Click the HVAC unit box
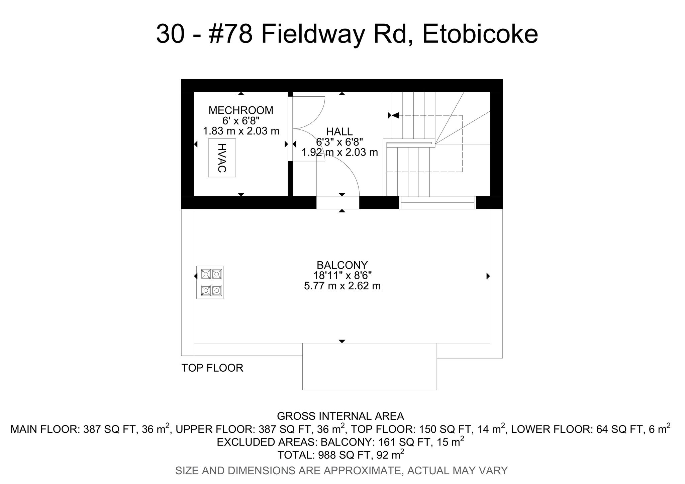coord(222,158)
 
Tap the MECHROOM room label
coord(241,110)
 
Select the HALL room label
coord(339,131)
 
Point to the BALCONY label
coord(342,265)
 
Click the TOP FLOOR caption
coord(212,368)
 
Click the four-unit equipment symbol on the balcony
coord(210,282)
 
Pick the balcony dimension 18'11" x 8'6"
coord(342,276)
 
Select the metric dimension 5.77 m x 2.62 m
coord(342,286)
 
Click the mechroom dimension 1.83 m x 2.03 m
coord(241,131)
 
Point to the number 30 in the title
coord(170,34)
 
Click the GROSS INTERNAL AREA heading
coord(340,416)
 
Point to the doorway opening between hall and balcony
coord(338,203)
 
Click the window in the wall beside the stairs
coord(437,203)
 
